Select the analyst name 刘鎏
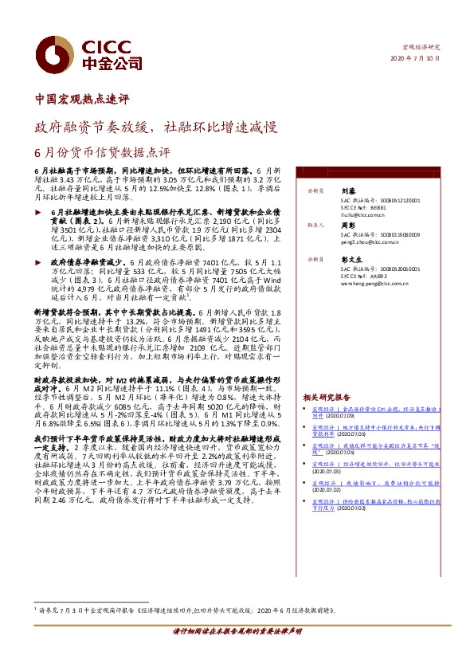(x=347, y=191)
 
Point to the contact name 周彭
(x=347, y=226)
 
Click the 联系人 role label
(x=317, y=226)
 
